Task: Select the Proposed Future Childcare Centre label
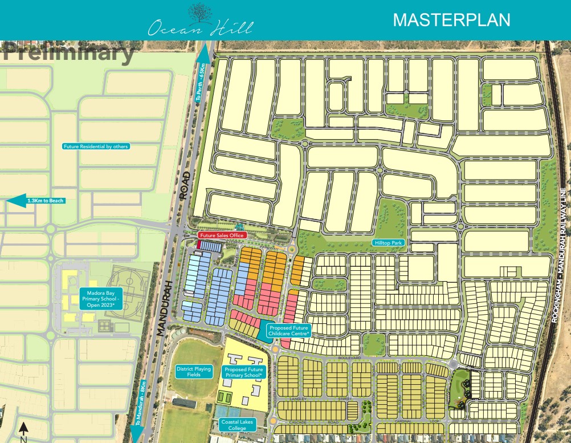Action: click(288, 330)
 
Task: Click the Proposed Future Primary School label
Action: click(243, 372)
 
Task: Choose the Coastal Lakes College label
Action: click(239, 425)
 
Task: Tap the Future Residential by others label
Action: click(96, 147)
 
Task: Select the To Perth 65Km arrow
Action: click(202, 78)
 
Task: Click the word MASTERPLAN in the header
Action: click(452, 20)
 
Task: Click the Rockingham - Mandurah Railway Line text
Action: click(561, 256)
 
